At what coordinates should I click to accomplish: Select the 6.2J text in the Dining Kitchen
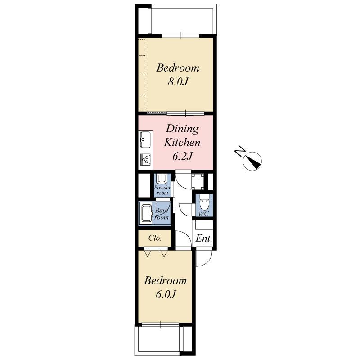coord(183,157)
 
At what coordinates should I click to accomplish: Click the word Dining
coord(182,129)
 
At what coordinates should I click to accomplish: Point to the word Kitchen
coord(181,143)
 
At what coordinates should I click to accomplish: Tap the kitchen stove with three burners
coord(146,158)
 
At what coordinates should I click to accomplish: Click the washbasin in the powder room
coord(162,179)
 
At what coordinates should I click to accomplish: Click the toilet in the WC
coord(203,200)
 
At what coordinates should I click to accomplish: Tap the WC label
coord(203,214)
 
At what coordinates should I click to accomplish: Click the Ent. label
coord(204,239)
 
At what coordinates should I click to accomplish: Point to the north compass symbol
coord(253,161)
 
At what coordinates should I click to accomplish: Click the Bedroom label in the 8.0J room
coord(178,68)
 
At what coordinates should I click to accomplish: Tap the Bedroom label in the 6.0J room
coord(165,281)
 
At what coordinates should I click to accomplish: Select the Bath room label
coord(162,214)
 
